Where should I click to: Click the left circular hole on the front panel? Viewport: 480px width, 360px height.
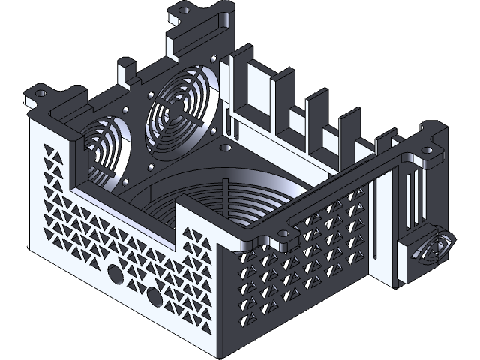click(x=115, y=274)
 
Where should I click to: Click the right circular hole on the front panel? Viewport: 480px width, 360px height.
click(x=154, y=298)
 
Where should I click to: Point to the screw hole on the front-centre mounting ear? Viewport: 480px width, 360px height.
click(x=283, y=235)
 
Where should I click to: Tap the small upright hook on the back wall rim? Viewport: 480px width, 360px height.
click(x=124, y=73)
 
